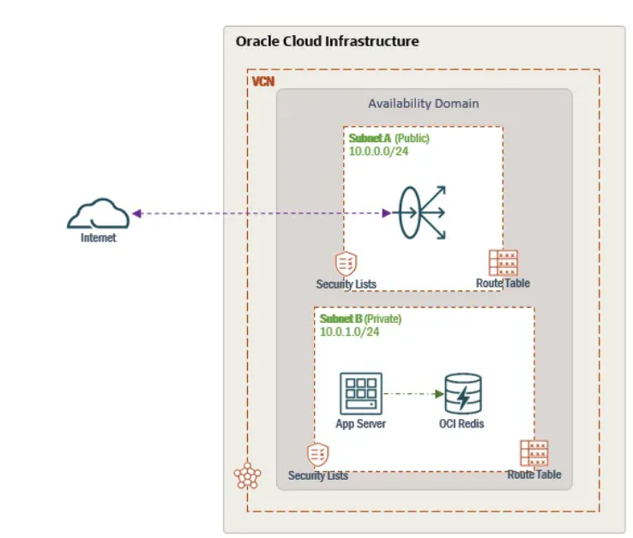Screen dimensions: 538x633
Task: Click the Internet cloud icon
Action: [x=99, y=213]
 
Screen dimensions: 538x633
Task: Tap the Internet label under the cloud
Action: [x=99, y=238]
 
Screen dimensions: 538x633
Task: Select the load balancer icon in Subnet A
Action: [x=420, y=212]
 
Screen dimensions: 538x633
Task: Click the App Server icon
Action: [x=360, y=394]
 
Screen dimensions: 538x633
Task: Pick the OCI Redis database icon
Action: [x=462, y=395]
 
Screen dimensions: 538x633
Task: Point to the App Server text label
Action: [x=360, y=424]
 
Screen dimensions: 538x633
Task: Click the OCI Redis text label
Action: [x=462, y=424]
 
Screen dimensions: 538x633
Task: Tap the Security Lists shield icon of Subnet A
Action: [x=346, y=263]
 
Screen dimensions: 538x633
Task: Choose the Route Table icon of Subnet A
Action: [x=503, y=262]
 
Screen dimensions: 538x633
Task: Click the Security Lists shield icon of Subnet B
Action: [x=317, y=454]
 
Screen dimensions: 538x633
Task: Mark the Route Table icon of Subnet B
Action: [x=534, y=453]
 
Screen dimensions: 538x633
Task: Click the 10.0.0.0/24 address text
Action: [x=377, y=151]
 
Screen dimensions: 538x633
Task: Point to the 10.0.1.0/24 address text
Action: [x=350, y=332]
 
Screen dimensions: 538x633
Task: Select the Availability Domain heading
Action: [x=424, y=104]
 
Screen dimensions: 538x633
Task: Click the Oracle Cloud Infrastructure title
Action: [x=327, y=41]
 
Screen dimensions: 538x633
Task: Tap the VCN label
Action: [x=263, y=81]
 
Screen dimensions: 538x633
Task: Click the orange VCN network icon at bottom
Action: [x=247, y=476]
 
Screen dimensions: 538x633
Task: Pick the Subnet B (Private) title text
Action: [x=360, y=319]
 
